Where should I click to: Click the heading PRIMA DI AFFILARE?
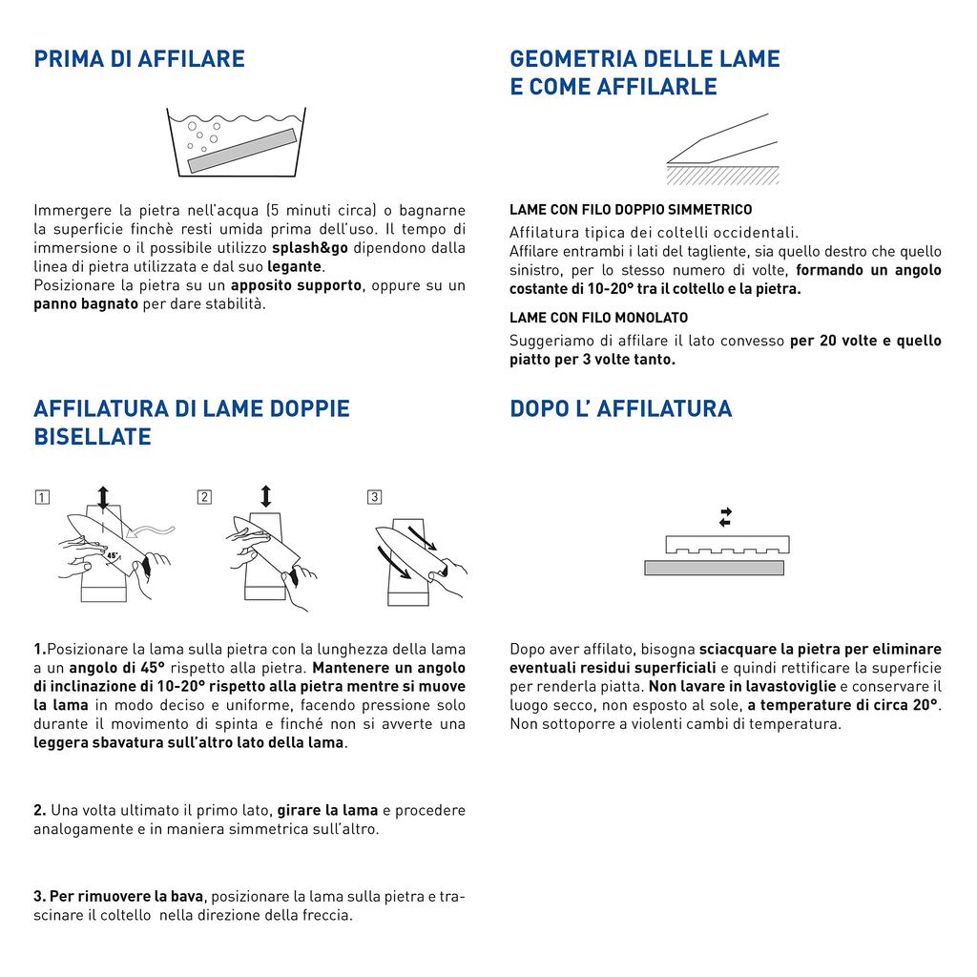(139, 59)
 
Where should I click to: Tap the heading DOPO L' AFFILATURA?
(621, 409)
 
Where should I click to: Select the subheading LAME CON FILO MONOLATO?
(598, 318)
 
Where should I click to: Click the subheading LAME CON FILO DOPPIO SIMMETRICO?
(631, 210)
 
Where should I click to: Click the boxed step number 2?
(205, 497)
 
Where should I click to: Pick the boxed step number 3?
(374, 497)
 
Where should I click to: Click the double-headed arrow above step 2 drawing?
(265, 496)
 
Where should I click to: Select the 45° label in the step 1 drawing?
(113, 555)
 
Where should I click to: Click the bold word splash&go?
(310, 248)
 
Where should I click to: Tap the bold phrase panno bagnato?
(86, 304)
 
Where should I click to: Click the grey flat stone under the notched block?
(714, 568)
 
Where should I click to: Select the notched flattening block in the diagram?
(727, 545)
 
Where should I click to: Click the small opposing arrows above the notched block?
(725, 517)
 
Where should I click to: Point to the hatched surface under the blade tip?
(722, 175)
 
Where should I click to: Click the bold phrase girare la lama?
(327, 811)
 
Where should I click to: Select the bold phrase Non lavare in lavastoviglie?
(742, 687)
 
